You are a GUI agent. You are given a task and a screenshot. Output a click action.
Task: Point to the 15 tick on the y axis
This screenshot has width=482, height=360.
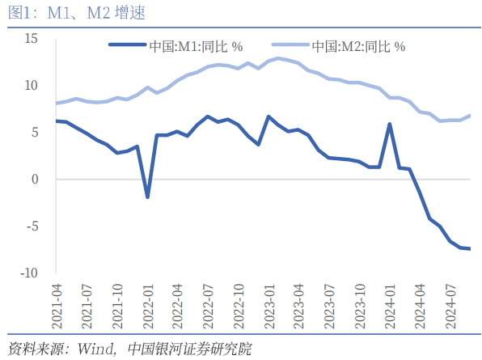click(32, 38)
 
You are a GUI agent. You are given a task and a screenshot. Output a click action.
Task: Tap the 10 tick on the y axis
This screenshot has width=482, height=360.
click(32, 85)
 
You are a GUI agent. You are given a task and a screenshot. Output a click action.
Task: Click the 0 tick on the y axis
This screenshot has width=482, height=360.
click(35, 179)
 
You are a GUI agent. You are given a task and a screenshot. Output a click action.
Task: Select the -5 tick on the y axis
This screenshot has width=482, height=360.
click(32, 226)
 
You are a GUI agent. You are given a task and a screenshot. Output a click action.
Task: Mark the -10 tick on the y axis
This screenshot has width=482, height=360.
click(30, 273)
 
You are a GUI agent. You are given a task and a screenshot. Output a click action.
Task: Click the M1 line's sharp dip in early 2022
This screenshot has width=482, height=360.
click(147, 197)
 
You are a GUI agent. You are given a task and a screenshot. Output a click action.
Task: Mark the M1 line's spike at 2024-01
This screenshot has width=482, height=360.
click(390, 124)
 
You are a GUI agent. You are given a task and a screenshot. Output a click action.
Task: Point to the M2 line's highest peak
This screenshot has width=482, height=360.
click(278, 58)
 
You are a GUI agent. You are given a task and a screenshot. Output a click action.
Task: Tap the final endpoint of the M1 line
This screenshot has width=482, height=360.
click(470, 248)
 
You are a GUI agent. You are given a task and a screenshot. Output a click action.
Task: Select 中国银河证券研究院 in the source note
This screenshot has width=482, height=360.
click(191, 349)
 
